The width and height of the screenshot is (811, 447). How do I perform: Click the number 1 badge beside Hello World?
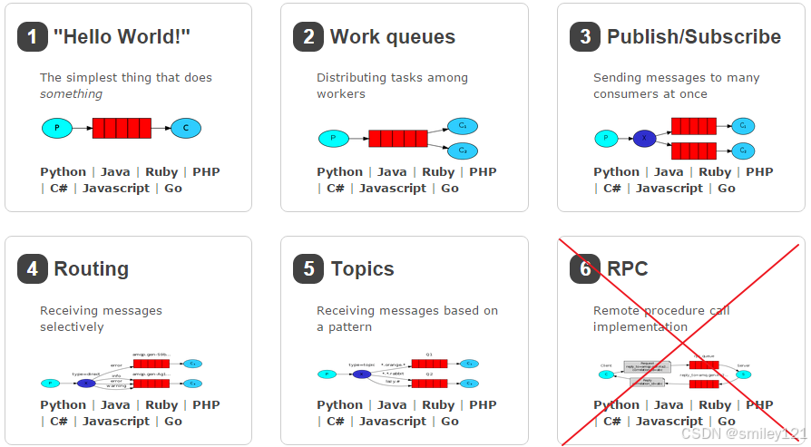coord(33,37)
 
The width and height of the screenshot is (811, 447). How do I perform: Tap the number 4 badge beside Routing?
coord(33,269)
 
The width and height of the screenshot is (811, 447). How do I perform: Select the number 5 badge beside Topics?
coord(308,269)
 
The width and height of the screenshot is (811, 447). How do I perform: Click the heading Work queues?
coord(392,37)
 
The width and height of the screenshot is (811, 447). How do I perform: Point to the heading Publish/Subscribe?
coord(693,37)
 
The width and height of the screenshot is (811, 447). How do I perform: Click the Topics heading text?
coord(362,269)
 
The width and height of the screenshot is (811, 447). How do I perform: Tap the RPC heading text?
coord(627,269)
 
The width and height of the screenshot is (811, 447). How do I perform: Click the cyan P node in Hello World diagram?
coord(57,129)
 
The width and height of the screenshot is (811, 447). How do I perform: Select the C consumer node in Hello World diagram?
coord(186,129)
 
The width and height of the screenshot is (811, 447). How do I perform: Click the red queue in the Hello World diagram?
coord(122,129)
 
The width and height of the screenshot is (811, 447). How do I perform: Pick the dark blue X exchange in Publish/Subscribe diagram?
coord(644,139)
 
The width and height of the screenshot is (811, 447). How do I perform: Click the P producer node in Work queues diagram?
coord(333,139)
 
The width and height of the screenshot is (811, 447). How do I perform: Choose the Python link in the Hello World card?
coord(64,172)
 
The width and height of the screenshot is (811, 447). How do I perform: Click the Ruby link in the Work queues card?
coord(438,172)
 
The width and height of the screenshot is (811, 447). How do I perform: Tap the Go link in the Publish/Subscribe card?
coord(727,189)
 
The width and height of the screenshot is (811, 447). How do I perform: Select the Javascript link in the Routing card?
coord(116,422)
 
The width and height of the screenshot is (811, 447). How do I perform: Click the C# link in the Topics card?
coord(336,422)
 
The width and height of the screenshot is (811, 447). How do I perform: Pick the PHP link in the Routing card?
coord(206,405)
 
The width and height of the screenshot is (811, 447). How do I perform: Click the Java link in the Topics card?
coord(392,405)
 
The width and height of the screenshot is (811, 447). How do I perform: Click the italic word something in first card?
coord(71,94)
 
